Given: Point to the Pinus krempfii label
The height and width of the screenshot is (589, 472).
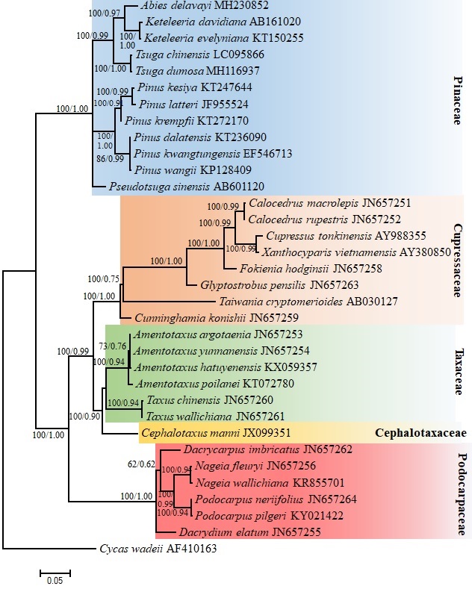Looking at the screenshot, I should (x=159, y=119).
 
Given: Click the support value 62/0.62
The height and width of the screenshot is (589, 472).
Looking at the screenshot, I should (x=141, y=464).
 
